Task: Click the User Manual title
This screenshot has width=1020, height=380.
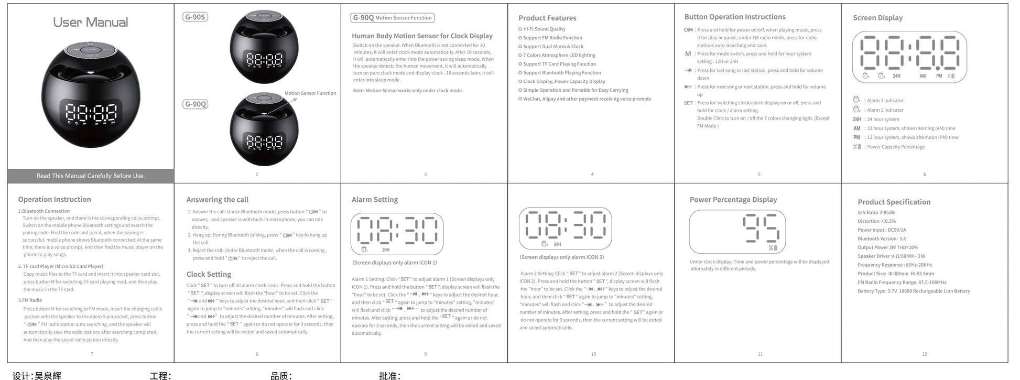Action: pyautogui.click(x=90, y=23)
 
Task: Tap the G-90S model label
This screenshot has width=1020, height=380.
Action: pyautogui.click(x=195, y=17)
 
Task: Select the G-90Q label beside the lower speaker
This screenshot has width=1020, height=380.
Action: pyautogui.click(x=196, y=104)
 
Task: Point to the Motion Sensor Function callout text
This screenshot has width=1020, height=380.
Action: pyautogui.click(x=310, y=93)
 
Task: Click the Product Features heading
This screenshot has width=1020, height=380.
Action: pyautogui.click(x=547, y=18)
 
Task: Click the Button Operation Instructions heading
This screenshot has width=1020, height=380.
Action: pyautogui.click(x=735, y=17)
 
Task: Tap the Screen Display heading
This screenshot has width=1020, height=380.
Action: pyautogui.click(x=877, y=18)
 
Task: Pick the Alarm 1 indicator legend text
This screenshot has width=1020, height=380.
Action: pyautogui.click(x=885, y=101)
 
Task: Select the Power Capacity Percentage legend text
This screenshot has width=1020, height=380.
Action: pyautogui.click(x=896, y=147)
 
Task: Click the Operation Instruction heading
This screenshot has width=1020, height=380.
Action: pyautogui.click(x=55, y=199)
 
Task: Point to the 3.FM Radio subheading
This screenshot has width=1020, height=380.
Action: pyautogui.click(x=30, y=300)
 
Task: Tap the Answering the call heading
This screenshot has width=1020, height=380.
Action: pyautogui.click(x=218, y=200)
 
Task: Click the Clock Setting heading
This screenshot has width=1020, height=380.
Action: pyautogui.click(x=209, y=274)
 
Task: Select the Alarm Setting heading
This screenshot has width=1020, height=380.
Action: pyautogui.click(x=375, y=200)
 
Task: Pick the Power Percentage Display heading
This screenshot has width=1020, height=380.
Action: pyautogui.click(x=733, y=200)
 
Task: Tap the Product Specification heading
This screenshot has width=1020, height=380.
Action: pyautogui.click(x=894, y=202)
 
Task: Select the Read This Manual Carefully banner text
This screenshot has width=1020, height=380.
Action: pyautogui.click(x=91, y=176)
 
